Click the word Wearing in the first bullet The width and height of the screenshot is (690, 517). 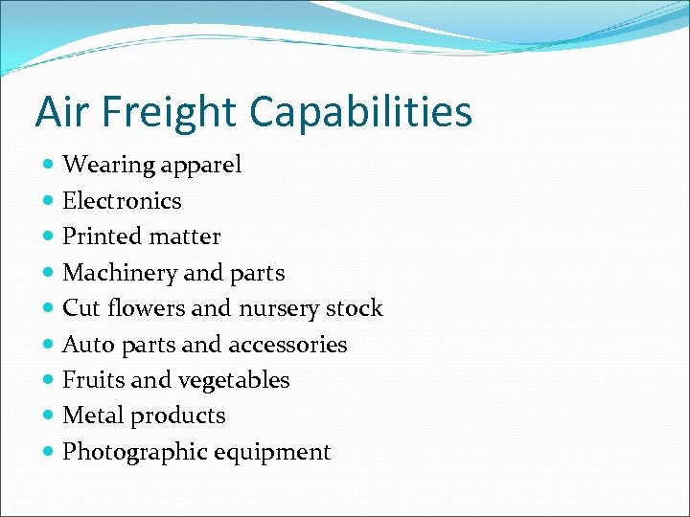click(108, 166)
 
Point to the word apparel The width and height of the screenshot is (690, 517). click(201, 166)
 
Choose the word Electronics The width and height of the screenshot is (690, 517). click(122, 201)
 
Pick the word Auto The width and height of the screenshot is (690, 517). click(85, 345)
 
